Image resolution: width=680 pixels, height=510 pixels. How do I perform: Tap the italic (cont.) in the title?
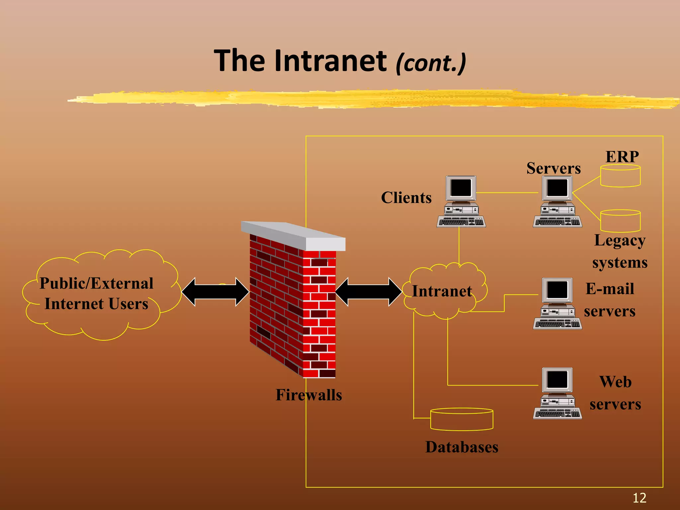(431, 63)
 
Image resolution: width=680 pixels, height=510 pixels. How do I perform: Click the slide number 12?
(639, 498)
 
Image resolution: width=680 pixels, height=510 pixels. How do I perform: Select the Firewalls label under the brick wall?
(308, 395)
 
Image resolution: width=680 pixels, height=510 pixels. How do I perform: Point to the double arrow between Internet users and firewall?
(215, 292)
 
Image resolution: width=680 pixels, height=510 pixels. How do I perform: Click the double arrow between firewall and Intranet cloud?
(369, 292)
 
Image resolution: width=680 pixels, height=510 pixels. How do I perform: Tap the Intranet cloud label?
(442, 291)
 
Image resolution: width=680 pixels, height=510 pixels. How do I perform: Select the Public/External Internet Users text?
(96, 294)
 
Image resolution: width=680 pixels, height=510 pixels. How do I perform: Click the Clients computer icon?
(461, 202)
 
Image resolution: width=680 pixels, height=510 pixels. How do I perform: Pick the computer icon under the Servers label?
(557, 202)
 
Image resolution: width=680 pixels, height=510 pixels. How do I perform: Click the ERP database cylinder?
(620, 176)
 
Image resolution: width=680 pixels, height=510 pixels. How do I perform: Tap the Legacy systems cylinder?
(620, 221)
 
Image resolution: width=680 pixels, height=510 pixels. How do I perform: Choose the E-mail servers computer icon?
(557, 303)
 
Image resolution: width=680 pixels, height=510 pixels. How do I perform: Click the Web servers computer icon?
(557, 393)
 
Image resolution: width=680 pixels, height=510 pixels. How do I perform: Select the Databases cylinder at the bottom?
(462, 420)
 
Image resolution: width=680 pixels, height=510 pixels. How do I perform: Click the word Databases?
(462, 447)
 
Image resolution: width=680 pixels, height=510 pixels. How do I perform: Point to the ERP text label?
(622, 157)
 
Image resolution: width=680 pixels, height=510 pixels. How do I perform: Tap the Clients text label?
(406, 198)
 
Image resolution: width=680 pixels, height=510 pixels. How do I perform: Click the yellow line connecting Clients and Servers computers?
(507, 193)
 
